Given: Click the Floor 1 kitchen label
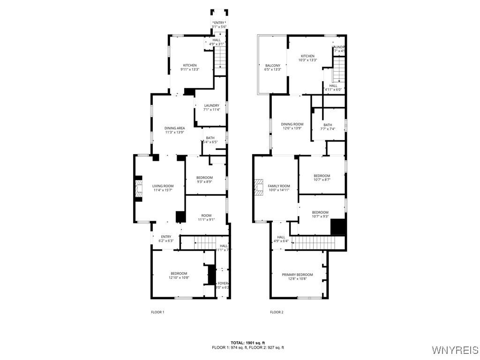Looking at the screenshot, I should click(190, 65).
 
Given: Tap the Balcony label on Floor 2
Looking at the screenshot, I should click(273, 66).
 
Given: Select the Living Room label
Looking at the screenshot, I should click(163, 186).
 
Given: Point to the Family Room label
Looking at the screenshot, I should click(279, 186).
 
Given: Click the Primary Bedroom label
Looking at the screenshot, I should click(297, 275).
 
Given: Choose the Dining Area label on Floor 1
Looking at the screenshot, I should click(174, 128).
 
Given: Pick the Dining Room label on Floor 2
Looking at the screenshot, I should click(292, 124).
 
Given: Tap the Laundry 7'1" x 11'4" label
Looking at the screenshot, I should click(211, 105).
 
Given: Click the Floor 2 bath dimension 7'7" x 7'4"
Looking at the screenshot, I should click(328, 129).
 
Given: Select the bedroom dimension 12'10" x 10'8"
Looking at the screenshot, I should click(179, 277).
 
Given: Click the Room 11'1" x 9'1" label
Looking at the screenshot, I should click(206, 215).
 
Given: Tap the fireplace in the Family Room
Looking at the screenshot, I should click(259, 187).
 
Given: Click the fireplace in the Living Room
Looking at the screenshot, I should click(138, 188).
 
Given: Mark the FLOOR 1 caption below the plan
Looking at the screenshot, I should click(157, 312).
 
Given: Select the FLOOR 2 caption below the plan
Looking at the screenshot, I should click(277, 312).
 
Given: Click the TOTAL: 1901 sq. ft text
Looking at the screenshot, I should click(247, 343).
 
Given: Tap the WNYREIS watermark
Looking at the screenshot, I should click(455, 350).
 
